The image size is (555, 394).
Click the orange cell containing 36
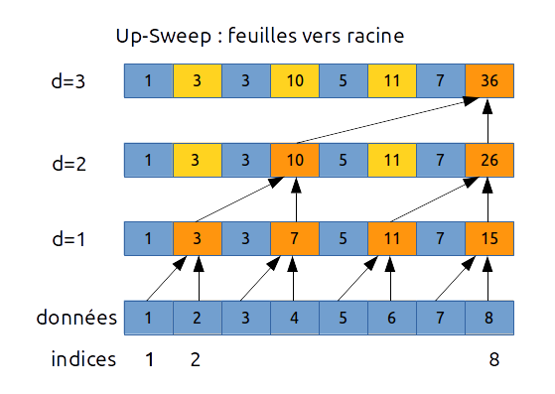coord(488,81)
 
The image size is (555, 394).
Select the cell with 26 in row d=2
coord(488,160)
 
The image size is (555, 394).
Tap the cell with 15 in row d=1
coord(488,239)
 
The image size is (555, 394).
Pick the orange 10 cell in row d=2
coord(295,160)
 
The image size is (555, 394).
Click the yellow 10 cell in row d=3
coord(295,81)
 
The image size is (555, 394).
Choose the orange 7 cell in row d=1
coord(295,239)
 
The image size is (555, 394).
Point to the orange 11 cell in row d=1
coord(391,239)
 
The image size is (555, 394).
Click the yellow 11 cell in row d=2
coord(391,160)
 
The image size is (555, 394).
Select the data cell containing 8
coord(488,318)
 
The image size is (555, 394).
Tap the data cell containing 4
coord(295,318)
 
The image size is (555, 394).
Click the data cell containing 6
coord(391,318)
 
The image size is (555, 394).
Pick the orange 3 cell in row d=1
coord(198,239)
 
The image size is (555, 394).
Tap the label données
coord(76,319)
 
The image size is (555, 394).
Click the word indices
coord(83,359)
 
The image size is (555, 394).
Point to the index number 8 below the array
coord(493,359)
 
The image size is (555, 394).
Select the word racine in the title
coord(369,38)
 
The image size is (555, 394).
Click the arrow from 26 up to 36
coord(488,121)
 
